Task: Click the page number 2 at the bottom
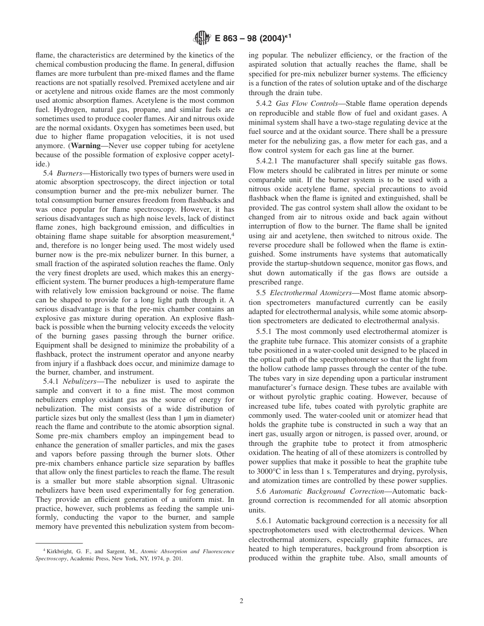[241, 601]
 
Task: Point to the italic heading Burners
[70, 174]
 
